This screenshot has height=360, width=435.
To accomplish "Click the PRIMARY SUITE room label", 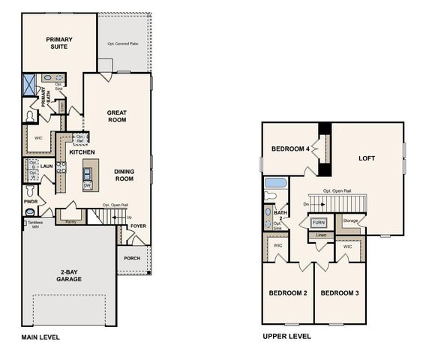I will tap(57, 43).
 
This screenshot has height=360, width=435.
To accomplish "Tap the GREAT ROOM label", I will tap(116, 115).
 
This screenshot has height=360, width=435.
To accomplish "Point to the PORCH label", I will tap(132, 259).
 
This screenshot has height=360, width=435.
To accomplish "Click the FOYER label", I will tap(139, 226).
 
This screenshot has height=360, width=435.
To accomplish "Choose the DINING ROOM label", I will tap(124, 175).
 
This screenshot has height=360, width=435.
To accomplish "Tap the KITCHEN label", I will tap(82, 152).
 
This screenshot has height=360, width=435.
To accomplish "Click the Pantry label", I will tap(71, 222).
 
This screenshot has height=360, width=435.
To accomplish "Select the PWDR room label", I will tap(31, 202).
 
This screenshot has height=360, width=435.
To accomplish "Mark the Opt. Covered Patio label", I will tap(124, 44).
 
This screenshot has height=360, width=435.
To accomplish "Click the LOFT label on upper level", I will tap(366, 158).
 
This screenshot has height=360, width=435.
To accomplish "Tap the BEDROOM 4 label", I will tap(290, 149).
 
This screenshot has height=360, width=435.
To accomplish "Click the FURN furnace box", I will tap(319, 223).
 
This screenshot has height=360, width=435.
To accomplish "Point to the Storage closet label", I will tap(350, 220).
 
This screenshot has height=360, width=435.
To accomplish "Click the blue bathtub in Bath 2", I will tap(276, 183).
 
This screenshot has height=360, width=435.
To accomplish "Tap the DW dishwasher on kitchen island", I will tap(87, 184).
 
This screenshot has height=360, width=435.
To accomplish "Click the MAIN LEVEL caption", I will tap(40, 337).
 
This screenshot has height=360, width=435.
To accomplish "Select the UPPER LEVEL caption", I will tap(286, 337).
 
